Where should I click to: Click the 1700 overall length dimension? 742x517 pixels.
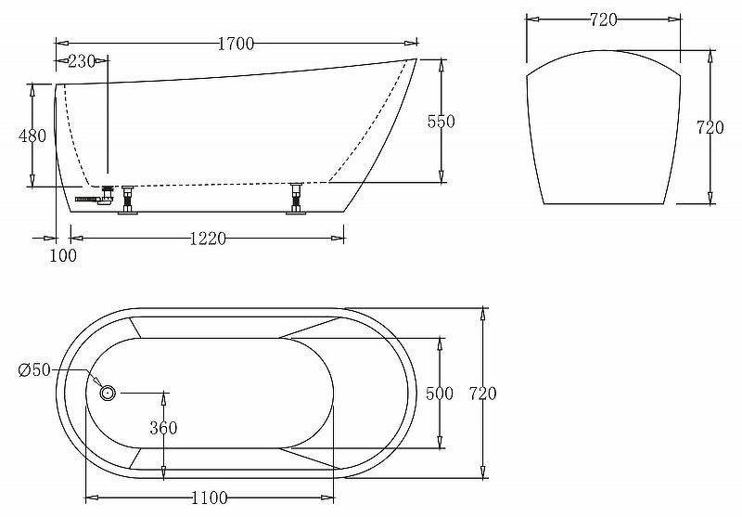click(x=236, y=43)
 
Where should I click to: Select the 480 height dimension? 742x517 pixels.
click(x=32, y=136)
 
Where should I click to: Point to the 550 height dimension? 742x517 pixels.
click(x=441, y=122)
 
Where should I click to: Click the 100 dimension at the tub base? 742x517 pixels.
click(x=63, y=256)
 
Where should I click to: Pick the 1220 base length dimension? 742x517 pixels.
click(x=208, y=239)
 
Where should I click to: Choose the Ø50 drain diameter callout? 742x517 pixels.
click(x=35, y=371)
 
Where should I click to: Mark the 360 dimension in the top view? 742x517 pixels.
click(x=163, y=428)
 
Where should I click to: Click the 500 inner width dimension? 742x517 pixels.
click(x=439, y=394)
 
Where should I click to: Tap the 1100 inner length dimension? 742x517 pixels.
click(x=209, y=498)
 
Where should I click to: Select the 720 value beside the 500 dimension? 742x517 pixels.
click(x=482, y=394)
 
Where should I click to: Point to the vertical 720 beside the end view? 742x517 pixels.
click(x=710, y=128)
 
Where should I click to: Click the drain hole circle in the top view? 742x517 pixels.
click(x=107, y=393)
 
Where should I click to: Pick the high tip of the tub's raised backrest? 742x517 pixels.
click(x=415, y=60)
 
